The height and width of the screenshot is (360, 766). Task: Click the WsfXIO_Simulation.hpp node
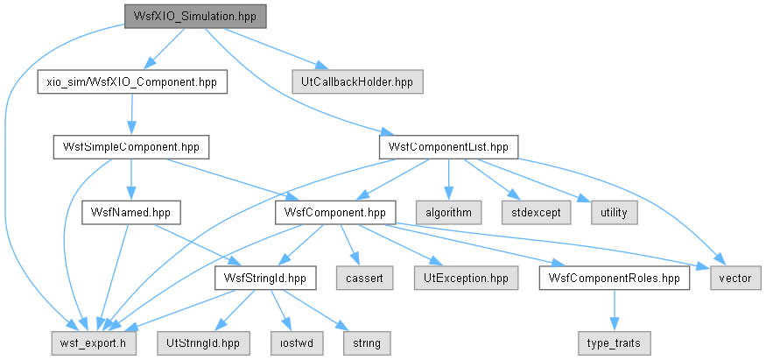[x=195, y=16]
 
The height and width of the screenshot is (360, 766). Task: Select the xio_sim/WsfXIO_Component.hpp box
[x=132, y=82]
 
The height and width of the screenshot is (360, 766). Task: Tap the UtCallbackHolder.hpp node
[x=357, y=82]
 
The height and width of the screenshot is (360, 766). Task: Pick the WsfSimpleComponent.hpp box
[x=131, y=147]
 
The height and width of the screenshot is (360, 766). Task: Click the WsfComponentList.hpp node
[x=448, y=147]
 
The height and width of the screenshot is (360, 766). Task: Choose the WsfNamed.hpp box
[x=131, y=213]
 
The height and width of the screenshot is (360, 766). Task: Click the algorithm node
[x=448, y=213]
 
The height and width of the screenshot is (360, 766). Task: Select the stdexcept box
[x=536, y=213]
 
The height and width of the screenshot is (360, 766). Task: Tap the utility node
[x=614, y=213]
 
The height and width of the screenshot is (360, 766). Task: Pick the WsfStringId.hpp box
[x=264, y=278]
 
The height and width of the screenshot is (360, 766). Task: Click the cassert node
[x=364, y=278]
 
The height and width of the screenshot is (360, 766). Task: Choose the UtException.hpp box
[x=466, y=278]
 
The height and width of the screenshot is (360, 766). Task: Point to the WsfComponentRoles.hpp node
[x=615, y=278]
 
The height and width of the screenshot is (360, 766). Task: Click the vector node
[x=735, y=278]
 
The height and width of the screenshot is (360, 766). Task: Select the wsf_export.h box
[x=94, y=343]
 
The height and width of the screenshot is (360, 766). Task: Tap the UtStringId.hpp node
[x=204, y=343]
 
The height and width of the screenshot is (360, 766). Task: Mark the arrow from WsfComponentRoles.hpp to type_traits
[x=614, y=311]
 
